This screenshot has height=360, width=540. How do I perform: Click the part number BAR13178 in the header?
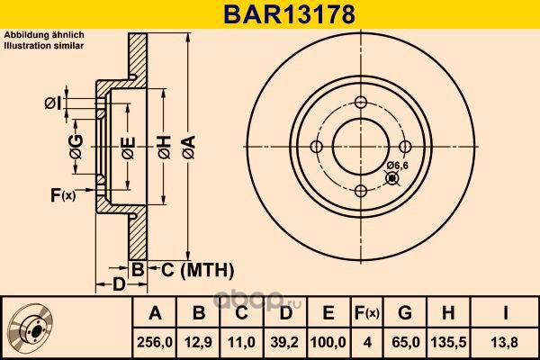(x=289, y=14)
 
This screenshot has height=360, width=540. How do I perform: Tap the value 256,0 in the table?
(x=155, y=342)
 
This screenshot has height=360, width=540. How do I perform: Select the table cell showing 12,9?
(x=198, y=342)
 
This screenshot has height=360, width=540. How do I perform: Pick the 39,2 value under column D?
(x=284, y=342)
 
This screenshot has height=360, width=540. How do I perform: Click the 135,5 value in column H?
(x=449, y=342)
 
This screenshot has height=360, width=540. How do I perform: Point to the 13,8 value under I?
(x=505, y=342)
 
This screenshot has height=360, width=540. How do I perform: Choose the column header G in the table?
(x=405, y=313)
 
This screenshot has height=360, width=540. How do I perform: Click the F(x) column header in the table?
(x=367, y=313)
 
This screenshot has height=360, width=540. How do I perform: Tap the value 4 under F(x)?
(x=367, y=342)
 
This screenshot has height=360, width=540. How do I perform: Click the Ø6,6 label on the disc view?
(x=397, y=166)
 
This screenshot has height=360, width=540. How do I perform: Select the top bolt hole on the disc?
(x=361, y=102)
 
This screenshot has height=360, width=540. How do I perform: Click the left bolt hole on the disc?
(x=316, y=147)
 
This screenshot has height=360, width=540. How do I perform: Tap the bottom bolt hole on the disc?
(x=361, y=191)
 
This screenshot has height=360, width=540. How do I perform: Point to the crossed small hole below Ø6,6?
(x=392, y=178)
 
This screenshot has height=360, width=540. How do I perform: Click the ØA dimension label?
(x=189, y=148)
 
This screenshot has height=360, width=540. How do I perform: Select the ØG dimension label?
(x=76, y=147)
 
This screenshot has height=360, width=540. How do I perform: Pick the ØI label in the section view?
(x=53, y=103)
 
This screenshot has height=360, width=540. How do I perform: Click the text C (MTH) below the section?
(x=197, y=270)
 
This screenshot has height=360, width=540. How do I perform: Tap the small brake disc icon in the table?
(x=31, y=328)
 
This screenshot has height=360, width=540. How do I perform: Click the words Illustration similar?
(x=44, y=46)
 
